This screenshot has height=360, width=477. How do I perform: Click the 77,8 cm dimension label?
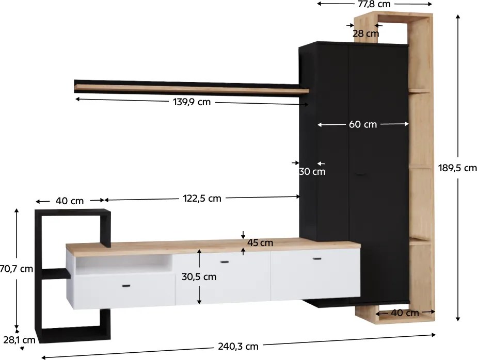374,4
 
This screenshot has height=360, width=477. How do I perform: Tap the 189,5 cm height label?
457,168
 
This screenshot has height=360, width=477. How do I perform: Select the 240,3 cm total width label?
238,346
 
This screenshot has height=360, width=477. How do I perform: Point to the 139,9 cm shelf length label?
192,102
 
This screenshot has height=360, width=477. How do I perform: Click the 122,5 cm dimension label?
202,198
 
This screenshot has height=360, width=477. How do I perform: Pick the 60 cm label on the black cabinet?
363,124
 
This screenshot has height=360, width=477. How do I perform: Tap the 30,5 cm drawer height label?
199,276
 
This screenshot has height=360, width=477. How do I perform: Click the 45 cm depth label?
260,242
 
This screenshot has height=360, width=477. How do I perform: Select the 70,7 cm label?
17,269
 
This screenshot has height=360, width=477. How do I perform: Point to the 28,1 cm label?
20,340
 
